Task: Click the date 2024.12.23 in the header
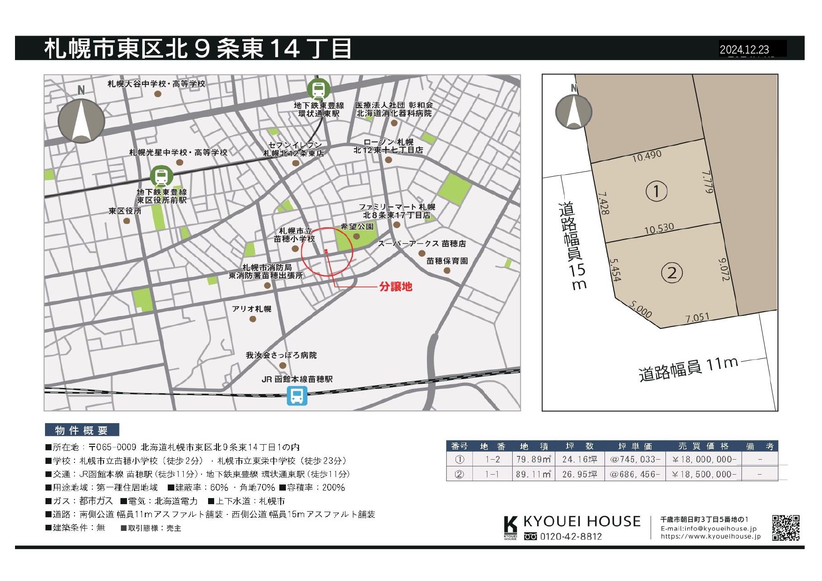coord(744,49)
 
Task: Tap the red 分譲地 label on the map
coord(396,286)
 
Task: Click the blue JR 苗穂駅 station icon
coord(297,396)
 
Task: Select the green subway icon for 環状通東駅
coord(319,89)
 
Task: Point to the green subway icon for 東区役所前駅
coord(162,177)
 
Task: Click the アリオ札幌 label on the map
coord(252,309)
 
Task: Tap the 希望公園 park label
coord(357,227)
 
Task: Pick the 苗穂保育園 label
coord(447,261)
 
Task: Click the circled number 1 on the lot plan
coord(656,191)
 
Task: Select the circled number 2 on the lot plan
coord(672,273)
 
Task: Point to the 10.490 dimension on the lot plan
coord(647,156)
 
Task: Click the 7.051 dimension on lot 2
coord(697,318)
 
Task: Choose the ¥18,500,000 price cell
coord(704,474)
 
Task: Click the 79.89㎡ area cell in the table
coord(533,460)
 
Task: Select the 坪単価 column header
coord(635,446)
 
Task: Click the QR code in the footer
coord(785,528)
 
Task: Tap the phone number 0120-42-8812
coord(571,536)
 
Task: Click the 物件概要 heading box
coord(82,430)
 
